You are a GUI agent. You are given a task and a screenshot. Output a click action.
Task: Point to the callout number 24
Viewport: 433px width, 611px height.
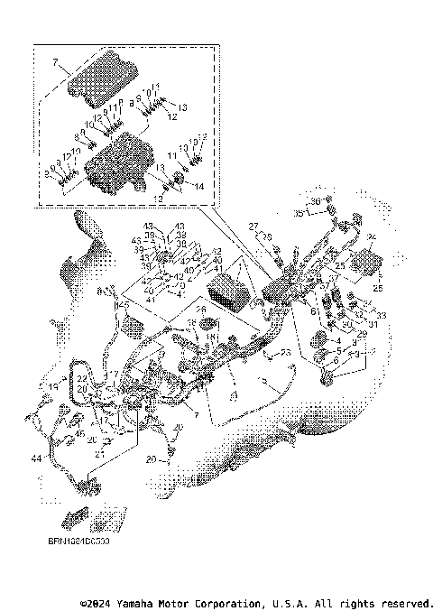371,236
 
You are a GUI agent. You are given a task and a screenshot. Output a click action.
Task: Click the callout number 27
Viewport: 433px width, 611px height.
254,225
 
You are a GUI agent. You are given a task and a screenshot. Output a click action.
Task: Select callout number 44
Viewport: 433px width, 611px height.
35,458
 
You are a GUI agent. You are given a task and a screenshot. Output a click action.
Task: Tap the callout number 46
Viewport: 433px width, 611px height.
79,434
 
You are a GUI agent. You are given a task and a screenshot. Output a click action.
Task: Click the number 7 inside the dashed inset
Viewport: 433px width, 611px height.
55,63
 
